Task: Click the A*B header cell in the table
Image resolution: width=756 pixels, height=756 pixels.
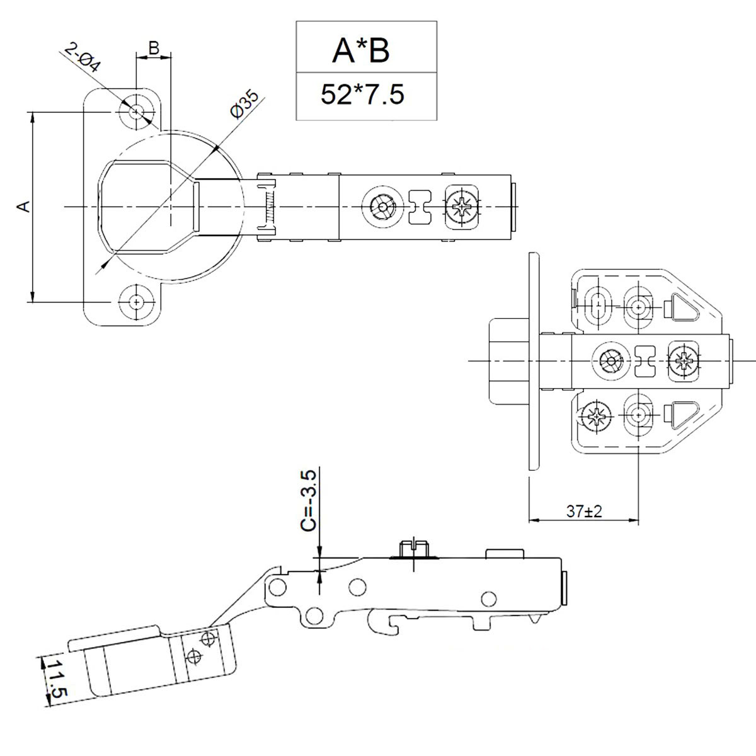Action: pos(361,50)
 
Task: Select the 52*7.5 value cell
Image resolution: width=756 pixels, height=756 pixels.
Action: pos(362,94)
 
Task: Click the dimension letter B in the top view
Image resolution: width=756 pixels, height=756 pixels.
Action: pos(153,48)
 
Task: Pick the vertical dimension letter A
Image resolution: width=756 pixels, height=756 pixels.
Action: pos(23,207)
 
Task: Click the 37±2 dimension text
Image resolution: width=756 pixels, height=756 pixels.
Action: pos(584,512)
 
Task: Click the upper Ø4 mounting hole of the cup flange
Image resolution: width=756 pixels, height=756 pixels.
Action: pos(135,112)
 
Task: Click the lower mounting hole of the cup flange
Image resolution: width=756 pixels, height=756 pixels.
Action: pos(135,302)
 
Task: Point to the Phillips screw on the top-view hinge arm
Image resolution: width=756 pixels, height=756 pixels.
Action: pos(462,206)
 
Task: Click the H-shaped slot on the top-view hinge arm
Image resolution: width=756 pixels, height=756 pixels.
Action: pos(420,207)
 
